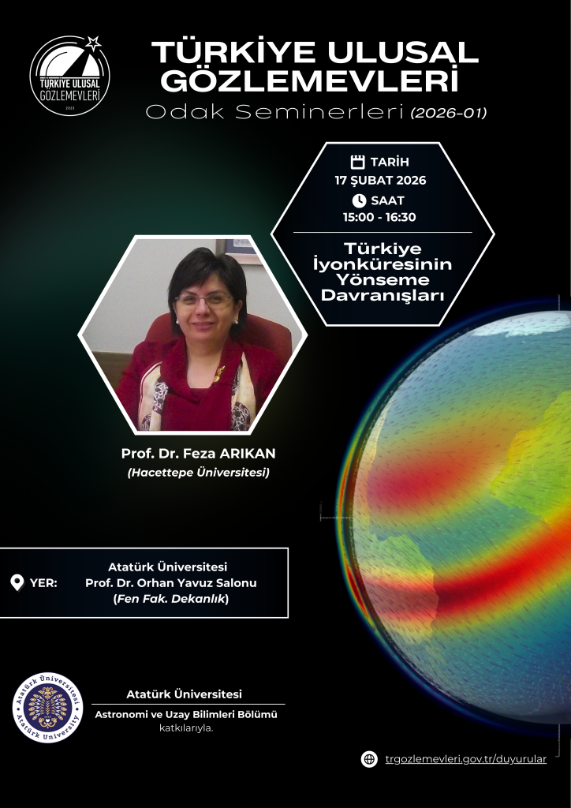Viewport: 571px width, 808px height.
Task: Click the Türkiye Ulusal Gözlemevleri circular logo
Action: pos(70,76)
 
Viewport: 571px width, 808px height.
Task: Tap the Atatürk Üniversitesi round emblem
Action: pos(47,708)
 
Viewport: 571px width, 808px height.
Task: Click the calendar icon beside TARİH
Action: pos(357,162)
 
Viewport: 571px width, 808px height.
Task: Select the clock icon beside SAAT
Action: pos(359,200)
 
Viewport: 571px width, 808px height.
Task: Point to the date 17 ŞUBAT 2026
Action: pos(380,181)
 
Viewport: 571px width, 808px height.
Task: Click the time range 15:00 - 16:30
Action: pos(379,217)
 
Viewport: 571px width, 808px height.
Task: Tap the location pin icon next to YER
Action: pos(17,583)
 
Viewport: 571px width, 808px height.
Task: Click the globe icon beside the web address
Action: pos(369,759)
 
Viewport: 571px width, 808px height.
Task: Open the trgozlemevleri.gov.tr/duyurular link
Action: pos(465,759)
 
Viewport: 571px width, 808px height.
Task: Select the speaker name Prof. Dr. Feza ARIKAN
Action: pos(198,454)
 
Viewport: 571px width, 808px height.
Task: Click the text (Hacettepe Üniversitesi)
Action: pos(198,472)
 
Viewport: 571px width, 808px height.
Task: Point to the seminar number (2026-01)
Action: pos(449,113)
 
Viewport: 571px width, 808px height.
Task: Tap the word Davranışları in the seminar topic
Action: pos(382,297)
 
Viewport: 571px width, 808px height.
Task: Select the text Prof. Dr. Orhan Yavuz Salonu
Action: pos(171,583)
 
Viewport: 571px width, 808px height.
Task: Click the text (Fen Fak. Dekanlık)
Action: pos(171,599)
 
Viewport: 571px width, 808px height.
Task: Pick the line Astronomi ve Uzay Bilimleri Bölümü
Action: pos(186,715)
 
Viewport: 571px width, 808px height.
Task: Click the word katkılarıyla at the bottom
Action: pos(186,728)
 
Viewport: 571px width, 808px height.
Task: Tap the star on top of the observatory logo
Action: pos(93,43)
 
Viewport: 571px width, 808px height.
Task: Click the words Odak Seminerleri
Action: pos(274,112)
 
